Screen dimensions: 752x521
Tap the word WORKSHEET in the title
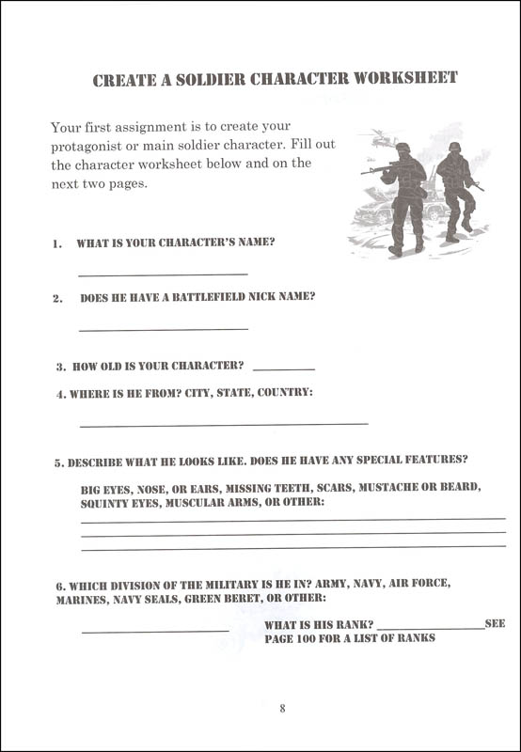click(x=407, y=79)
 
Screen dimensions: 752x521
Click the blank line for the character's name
click(x=163, y=274)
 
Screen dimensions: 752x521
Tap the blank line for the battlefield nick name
click(x=163, y=328)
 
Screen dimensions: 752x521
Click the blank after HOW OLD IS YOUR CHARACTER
click(x=284, y=368)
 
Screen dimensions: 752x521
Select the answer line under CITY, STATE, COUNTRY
click(x=224, y=424)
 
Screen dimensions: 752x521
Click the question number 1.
click(x=57, y=243)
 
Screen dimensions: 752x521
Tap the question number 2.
click(x=58, y=298)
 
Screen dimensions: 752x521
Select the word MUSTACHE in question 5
click(x=377, y=489)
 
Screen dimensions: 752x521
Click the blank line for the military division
click(x=154, y=631)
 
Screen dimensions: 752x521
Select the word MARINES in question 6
click(x=82, y=598)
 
